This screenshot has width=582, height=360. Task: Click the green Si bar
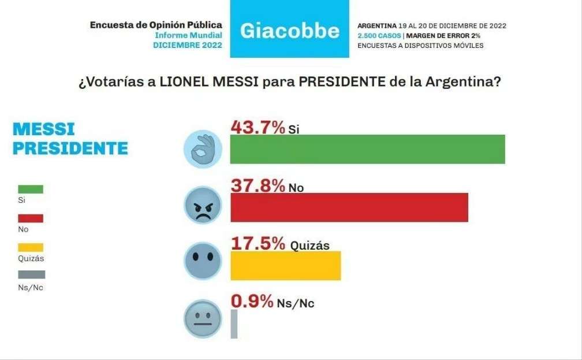[x=367, y=149]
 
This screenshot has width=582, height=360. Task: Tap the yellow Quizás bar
[x=285, y=266]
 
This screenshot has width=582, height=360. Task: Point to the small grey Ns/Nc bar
[x=234, y=324]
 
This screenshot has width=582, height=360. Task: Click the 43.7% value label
[x=258, y=127]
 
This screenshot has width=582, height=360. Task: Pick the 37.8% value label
[x=258, y=185]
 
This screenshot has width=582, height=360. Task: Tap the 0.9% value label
[x=251, y=302]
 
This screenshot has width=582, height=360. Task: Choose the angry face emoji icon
[x=202, y=205]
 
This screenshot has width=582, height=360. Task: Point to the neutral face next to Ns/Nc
[x=202, y=318]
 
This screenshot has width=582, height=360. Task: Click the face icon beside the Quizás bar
[x=202, y=261]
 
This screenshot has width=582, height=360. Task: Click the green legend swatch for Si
[x=31, y=189]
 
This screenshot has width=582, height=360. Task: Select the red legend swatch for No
[x=31, y=218]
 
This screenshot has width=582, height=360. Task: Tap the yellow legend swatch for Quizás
[x=31, y=247]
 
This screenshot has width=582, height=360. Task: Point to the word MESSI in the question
[x=232, y=82]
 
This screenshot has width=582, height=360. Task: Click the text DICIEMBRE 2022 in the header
[x=187, y=45]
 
